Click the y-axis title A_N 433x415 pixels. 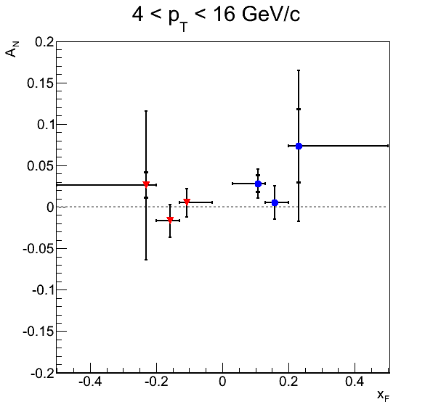[12, 49]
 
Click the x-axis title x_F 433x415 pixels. [383, 395]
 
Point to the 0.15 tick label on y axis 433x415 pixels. [40, 83]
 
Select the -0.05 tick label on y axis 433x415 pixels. [38, 249]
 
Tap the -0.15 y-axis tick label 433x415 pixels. [38, 332]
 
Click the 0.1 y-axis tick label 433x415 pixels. [45, 125]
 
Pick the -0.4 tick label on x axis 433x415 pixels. [90, 382]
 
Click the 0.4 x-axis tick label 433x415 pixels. [355, 382]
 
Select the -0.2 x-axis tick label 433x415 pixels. [156, 382]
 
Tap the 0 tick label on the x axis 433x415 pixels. [222, 382]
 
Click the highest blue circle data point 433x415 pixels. [299, 146]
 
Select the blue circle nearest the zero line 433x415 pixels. [275, 202]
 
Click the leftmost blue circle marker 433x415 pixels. [258, 184]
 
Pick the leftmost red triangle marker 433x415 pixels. [146, 184]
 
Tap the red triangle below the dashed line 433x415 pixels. [170, 220]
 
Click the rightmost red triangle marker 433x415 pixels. [187, 202]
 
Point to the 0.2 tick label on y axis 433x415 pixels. [44, 42]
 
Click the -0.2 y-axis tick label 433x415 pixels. [42, 374]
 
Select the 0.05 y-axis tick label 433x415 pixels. [40, 166]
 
